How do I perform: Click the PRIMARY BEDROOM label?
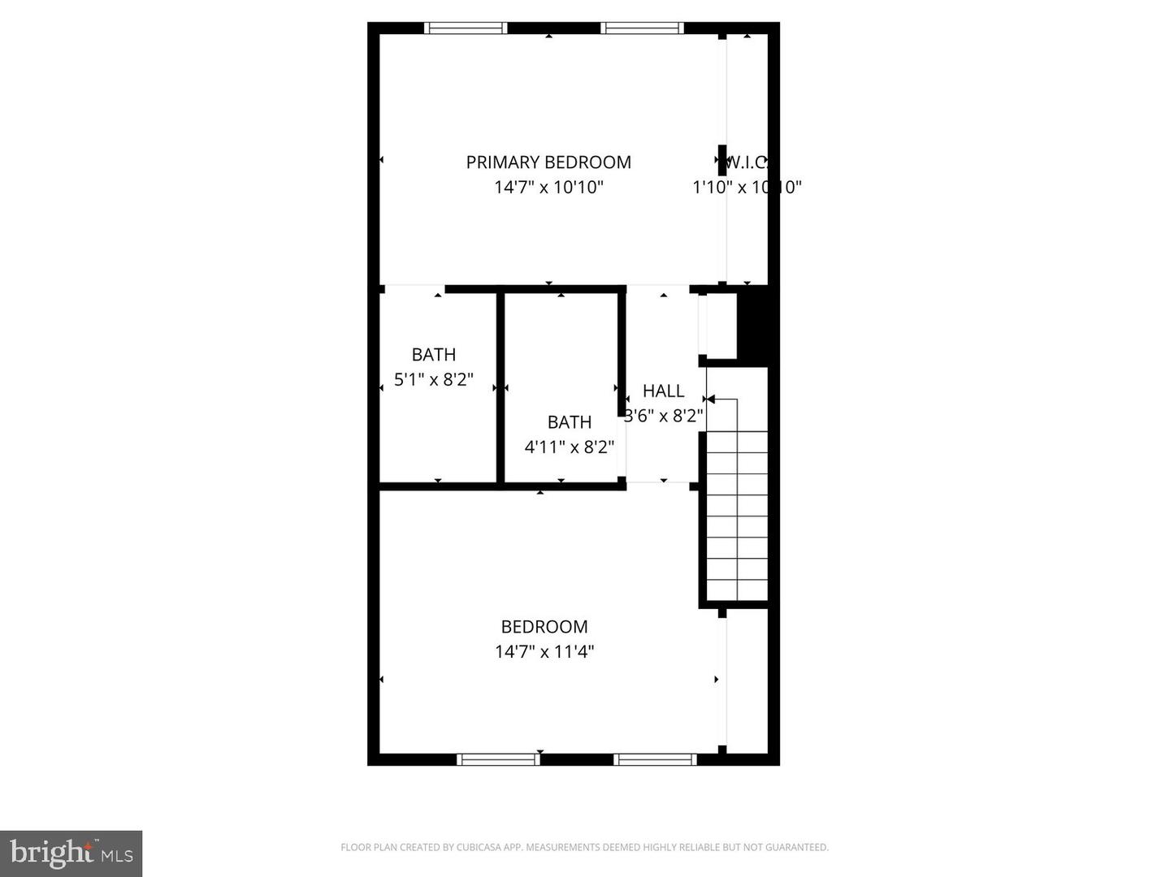[x=548, y=162]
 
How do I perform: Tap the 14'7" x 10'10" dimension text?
[x=548, y=188]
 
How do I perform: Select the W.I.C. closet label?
[x=746, y=162]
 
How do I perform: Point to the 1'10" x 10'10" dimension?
[x=747, y=188]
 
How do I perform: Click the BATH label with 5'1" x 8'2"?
[x=434, y=355]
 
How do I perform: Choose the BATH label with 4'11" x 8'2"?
[x=569, y=422]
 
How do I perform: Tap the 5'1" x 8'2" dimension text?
[x=434, y=379]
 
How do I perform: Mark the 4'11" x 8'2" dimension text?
[x=569, y=447]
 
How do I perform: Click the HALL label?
[x=664, y=391]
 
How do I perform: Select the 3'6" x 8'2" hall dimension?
[x=664, y=417]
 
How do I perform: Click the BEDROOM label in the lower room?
[x=544, y=627]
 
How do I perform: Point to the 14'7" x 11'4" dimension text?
[x=544, y=651]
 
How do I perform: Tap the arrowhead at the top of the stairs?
[x=709, y=400]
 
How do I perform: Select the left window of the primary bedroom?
[x=466, y=28]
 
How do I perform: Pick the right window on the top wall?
[x=642, y=28]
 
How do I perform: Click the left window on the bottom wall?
[x=498, y=760]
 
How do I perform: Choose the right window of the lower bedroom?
[x=655, y=760]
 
